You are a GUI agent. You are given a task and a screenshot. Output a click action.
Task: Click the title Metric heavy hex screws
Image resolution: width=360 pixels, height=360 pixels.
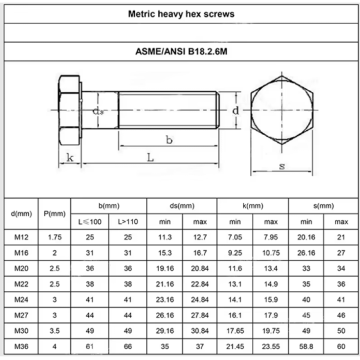[181, 14]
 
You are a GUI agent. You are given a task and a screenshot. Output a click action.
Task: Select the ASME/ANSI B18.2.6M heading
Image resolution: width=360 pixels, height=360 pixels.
[181, 52]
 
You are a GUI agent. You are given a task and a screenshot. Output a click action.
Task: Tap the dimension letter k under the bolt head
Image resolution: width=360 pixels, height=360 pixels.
[70, 157]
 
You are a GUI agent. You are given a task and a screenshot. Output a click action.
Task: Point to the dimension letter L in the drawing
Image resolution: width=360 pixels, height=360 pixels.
[150, 157]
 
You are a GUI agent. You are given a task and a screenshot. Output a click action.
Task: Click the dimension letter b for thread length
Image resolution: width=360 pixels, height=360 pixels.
[169, 140]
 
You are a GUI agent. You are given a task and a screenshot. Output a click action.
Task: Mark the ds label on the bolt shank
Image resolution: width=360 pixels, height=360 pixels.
[98, 112]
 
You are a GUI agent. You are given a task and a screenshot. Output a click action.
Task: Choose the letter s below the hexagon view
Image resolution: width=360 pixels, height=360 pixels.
[282, 166]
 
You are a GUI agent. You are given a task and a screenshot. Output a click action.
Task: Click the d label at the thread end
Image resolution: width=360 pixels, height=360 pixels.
[236, 110]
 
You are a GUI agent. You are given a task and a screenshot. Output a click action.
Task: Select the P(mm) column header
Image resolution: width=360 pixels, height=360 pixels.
[55, 214]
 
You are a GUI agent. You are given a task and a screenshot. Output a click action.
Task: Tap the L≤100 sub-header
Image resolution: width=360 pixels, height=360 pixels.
[90, 222]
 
